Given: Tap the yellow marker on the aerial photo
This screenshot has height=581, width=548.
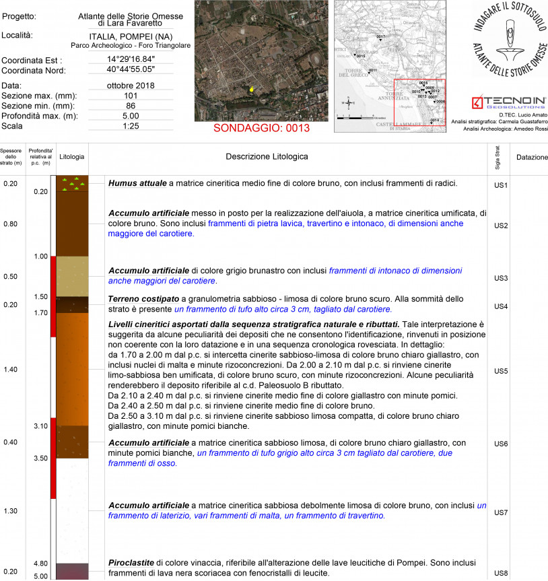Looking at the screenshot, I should point(252,88).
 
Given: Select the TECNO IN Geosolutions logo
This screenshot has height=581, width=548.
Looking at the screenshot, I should point(510,102).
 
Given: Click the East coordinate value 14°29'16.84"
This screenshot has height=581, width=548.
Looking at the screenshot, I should point(131,59).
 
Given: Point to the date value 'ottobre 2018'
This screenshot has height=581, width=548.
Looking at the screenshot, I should point(131,86).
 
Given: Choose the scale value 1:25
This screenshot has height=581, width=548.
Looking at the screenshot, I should point(131,126).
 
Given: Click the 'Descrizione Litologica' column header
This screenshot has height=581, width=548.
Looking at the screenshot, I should point(267,157).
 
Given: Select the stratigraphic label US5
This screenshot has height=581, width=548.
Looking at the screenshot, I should point(500,371).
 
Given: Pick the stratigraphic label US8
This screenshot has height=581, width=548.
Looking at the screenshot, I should point(500,574).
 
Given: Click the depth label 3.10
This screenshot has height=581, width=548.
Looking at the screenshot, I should point(40,426).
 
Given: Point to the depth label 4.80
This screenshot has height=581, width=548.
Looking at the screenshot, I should point(40,563).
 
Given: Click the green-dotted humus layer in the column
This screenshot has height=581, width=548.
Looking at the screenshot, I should point(71,183).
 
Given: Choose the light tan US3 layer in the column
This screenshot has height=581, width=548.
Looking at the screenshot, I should point(71,276).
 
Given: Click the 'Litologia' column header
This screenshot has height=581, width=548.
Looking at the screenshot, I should point(71,157).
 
